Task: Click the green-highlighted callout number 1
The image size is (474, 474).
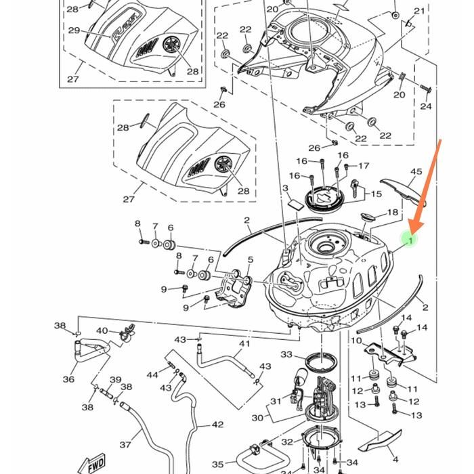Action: tap(409, 238)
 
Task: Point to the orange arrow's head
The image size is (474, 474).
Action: tap(412, 229)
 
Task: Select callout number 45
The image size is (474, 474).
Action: tap(416, 172)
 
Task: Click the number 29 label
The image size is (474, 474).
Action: tap(74, 30)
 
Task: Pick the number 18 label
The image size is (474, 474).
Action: tap(393, 213)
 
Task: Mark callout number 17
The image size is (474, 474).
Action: tap(364, 166)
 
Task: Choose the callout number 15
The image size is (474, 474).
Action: tap(377, 194)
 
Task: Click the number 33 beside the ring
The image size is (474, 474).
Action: tap(286, 354)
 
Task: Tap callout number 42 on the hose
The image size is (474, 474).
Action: tap(217, 425)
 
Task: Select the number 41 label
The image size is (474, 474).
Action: tap(244, 344)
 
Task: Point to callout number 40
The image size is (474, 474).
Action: tap(102, 330)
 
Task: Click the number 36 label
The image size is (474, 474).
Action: tap(68, 379)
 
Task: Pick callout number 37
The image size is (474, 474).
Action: tap(125, 444)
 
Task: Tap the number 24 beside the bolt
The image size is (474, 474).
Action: tap(426, 106)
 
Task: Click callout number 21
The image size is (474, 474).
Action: tap(420, 11)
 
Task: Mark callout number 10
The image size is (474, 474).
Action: tap(356, 341)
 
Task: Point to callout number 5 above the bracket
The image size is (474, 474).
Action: tap(250, 260)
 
